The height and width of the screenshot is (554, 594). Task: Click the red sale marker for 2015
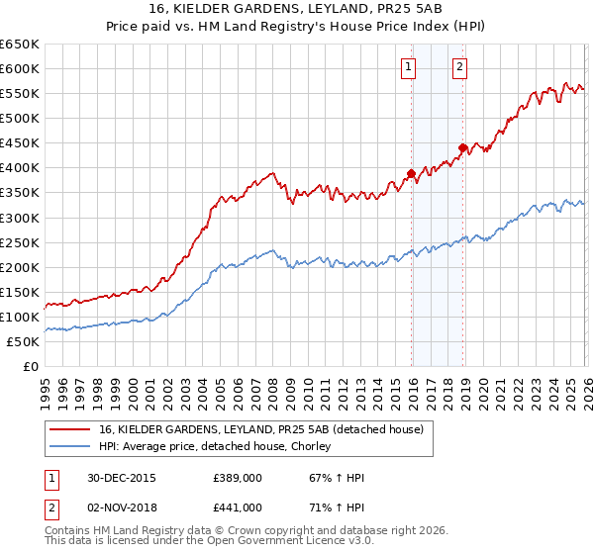412,173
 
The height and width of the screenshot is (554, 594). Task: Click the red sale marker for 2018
462,147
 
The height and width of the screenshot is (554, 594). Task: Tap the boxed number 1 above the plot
409,67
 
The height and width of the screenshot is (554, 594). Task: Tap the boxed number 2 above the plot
460,67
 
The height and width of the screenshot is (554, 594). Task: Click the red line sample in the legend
71,429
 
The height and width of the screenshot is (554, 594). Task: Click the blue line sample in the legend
71,446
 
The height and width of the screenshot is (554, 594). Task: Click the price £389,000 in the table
238,478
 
